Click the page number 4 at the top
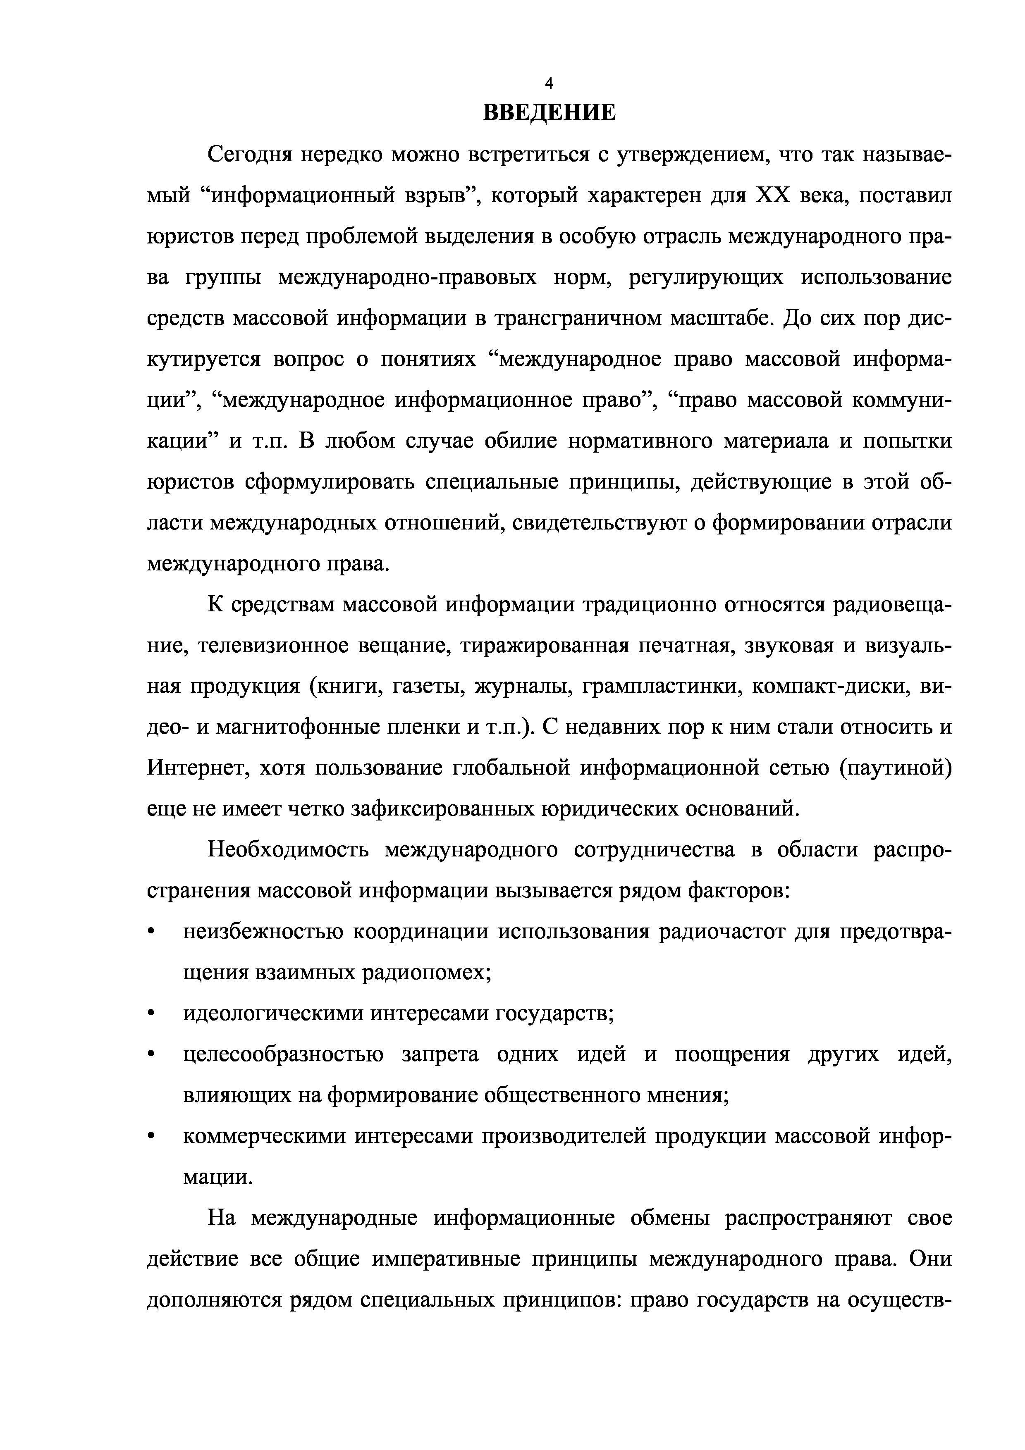(x=549, y=83)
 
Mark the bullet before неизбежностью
(x=151, y=933)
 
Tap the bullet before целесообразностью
(x=151, y=1056)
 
